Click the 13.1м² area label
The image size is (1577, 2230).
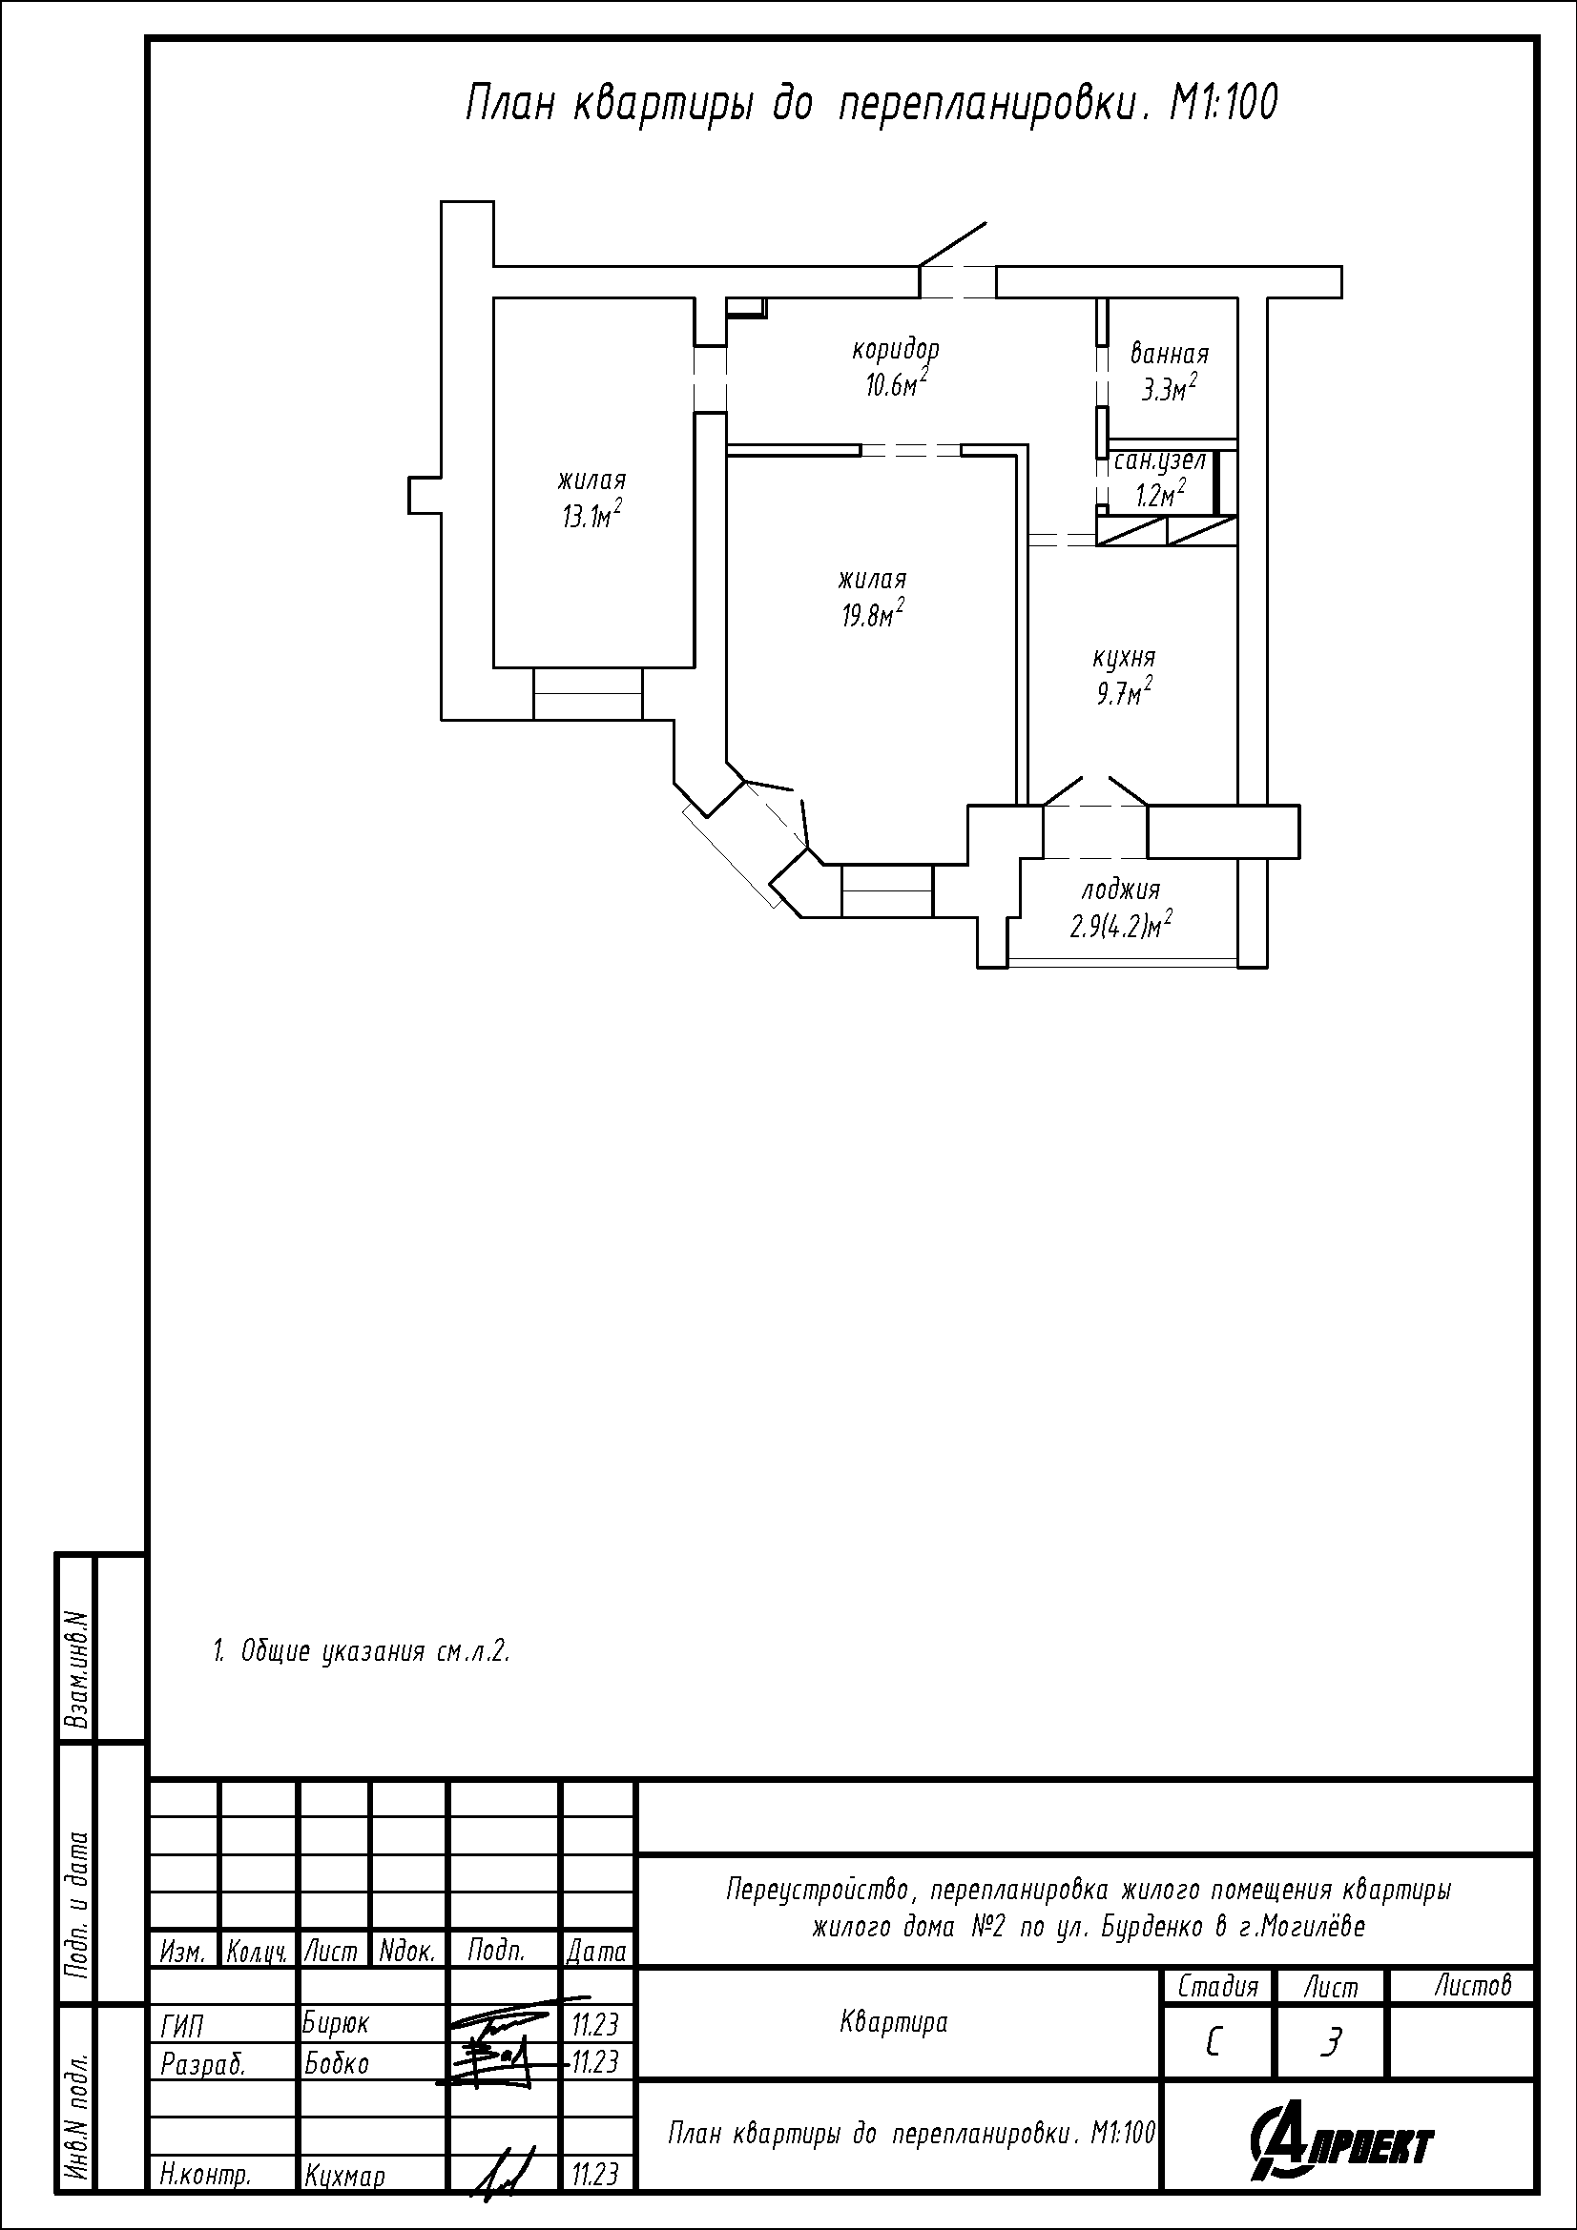[591, 515]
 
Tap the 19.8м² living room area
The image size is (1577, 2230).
[874, 614]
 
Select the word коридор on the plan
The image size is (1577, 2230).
[896, 350]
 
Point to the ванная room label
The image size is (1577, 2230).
[1170, 354]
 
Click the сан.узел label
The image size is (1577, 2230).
[1160, 460]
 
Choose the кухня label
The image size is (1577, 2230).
[1124, 659]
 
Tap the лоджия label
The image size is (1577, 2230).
[1120, 890]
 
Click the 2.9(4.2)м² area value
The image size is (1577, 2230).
[1120, 925]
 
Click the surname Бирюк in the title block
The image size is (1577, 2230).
[336, 2023]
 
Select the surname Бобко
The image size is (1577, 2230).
[336, 2063]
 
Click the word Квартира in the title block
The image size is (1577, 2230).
[893, 2022]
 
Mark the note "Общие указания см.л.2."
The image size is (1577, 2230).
[362, 1651]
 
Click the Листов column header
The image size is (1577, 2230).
[1473, 1985]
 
